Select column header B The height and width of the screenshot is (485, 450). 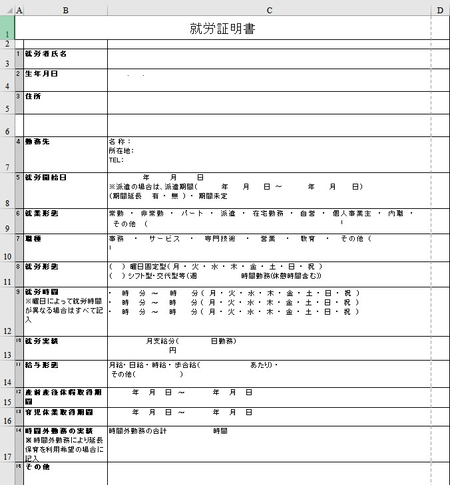coord(65,10)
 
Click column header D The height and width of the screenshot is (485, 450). coord(440,10)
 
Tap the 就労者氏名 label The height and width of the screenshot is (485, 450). coord(46,53)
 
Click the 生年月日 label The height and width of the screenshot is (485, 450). coord(41,73)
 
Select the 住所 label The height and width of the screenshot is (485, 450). coord(33,96)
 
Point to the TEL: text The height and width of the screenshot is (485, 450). coord(116,160)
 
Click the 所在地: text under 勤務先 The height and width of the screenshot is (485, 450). coord(120,150)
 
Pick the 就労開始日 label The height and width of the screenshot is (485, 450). coord(46,178)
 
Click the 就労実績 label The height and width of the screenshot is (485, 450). coord(41,341)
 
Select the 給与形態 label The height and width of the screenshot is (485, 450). coord(41,365)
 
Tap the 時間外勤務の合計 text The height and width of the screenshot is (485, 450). coord(137,431)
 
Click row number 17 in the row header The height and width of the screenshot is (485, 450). coord(7,456)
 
